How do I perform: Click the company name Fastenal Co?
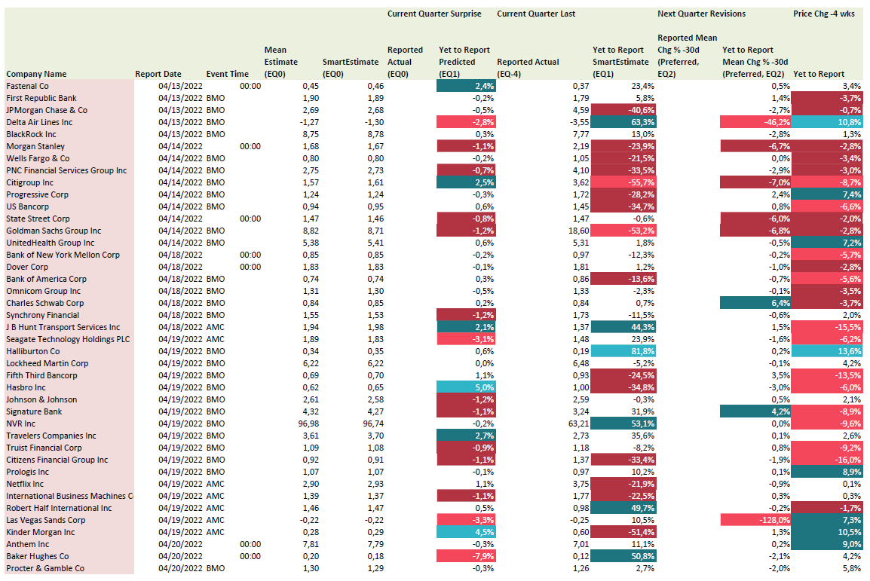(27, 86)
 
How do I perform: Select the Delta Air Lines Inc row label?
(39, 122)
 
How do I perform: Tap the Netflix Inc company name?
(25, 484)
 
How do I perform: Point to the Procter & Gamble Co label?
(45, 568)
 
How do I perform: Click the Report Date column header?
(158, 74)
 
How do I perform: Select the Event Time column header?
(228, 74)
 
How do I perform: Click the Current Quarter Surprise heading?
(434, 14)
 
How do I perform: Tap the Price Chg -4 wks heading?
(824, 14)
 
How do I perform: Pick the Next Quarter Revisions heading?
(702, 14)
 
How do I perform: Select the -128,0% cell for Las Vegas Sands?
(755, 520)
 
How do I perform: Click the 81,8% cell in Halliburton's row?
(623, 351)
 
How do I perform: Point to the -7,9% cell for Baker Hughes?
(466, 556)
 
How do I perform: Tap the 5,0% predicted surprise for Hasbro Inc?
(466, 387)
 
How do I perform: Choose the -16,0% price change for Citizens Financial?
(827, 460)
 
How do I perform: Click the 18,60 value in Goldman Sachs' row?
(579, 231)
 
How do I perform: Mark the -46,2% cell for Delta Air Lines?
(755, 122)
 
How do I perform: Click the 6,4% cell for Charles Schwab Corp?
(755, 303)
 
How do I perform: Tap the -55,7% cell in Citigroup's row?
(623, 182)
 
